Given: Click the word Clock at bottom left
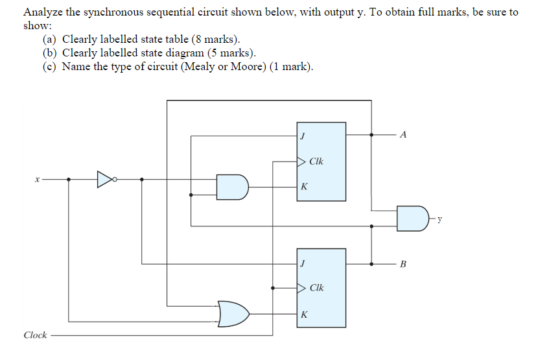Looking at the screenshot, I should (x=35, y=335).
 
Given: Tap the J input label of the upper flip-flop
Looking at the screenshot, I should (x=302, y=136).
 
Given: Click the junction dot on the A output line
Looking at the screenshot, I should (x=371, y=135).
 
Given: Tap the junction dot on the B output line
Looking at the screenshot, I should (x=371, y=264).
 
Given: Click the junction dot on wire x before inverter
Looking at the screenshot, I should (x=69, y=179).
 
